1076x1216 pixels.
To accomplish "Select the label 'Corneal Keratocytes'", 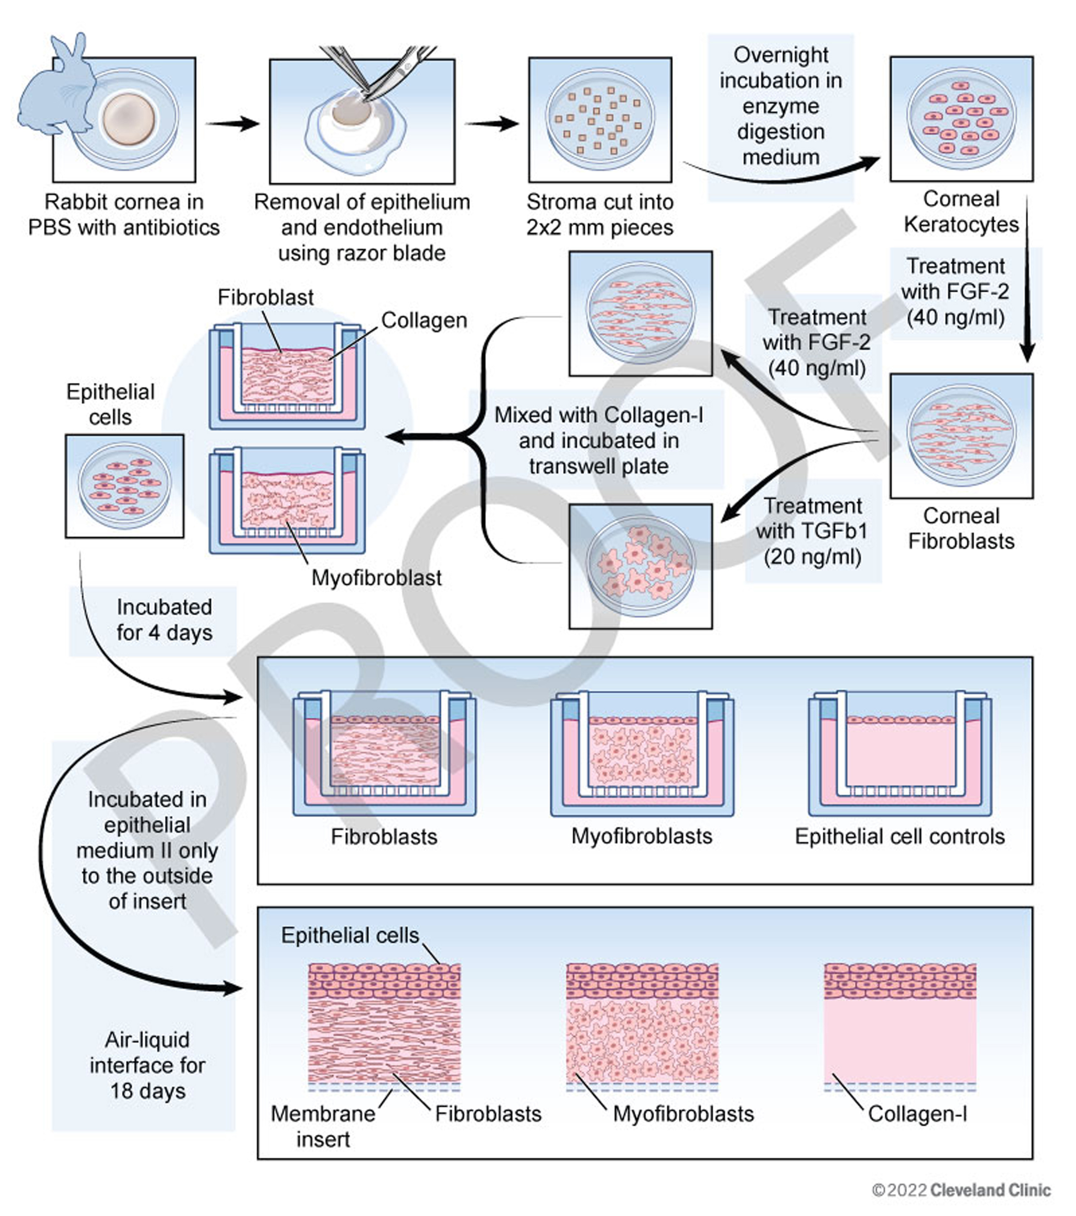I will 961,212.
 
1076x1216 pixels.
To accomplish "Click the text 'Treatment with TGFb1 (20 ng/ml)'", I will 812,531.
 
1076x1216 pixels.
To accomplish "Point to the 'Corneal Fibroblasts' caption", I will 961,528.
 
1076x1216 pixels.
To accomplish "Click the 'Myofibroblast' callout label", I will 376,578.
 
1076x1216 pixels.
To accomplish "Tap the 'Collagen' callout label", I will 424,320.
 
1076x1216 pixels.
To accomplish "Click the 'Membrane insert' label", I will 323,1126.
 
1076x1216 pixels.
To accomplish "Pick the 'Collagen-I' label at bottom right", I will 917,1114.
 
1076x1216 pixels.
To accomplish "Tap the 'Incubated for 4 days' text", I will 164,620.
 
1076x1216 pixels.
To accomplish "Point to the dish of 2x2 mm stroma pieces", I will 599,119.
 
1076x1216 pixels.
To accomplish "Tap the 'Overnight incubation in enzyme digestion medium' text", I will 780,106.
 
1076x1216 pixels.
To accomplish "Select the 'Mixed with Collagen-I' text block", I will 599,440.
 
